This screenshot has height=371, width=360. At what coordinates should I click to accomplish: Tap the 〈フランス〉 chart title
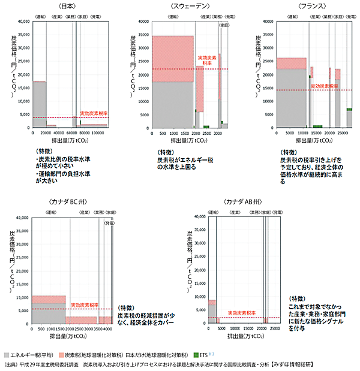pyautogui.click(x=310, y=5)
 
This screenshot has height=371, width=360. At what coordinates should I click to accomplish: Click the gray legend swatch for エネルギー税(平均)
pyautogui.click(x=8, y=355)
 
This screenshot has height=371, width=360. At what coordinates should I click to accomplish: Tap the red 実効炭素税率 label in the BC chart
pyautogui.click(x=83, y=305)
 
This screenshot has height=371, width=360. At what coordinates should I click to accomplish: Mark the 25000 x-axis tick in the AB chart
pyautogui.click(x=275, y=329)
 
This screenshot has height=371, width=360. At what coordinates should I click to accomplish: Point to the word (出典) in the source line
pyautogui.click(x=11, y=364)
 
